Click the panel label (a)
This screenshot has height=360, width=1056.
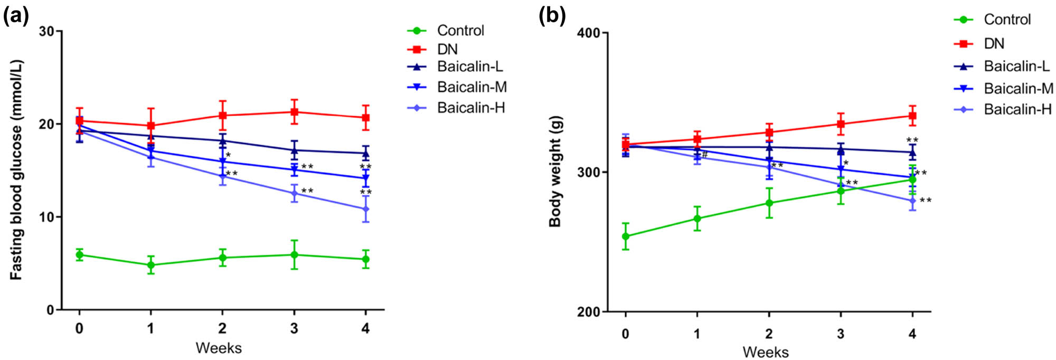point(16,17)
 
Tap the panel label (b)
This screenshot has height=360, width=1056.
point(552,17)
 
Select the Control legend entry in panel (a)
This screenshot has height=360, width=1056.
point(460,31)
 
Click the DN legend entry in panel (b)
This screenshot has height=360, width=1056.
point(994,43)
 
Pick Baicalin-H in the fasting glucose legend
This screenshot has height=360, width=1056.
point(470,108)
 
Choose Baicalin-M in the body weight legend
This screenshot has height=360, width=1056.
point(1018,88)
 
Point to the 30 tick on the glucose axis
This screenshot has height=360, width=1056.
point(47,31)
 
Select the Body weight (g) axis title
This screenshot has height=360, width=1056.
point(555,172)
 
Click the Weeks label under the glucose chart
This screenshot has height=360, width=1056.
point(219,348)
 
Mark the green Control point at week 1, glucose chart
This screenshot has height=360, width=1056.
point(151,265)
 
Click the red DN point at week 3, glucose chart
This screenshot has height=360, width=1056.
point(294,112)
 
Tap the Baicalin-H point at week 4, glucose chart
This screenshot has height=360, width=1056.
point(365,209)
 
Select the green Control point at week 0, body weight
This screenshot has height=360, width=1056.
point(626,236)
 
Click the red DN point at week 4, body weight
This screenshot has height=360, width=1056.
point(912,116)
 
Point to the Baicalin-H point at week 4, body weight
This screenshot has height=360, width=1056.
point(912,201)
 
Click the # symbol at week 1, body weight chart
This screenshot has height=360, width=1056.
point(704,155)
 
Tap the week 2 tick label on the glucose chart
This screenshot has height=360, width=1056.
point(222,328)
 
